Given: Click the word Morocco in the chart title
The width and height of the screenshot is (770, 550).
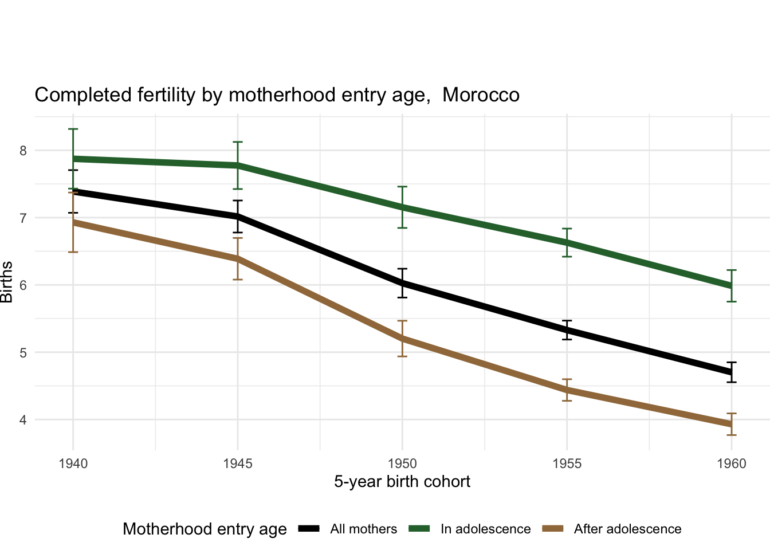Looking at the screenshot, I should pyautogui.click(x=481, y=95).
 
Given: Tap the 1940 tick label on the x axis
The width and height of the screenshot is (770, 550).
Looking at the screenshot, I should pyautogui.click(x=73, y=463).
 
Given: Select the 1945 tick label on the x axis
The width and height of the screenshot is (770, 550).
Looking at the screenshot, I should pyautogui.click(x=238, y=463).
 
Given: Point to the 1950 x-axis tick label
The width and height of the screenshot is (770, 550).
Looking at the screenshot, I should pyautogui.click(x=402, y=463).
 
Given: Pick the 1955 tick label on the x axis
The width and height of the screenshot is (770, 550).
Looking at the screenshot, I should pyautogui.click(x=567, y=463).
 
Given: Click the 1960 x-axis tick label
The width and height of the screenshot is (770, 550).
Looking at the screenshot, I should pyautogui.click(x=732, y=463).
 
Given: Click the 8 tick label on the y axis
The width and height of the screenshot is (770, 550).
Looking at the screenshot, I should pyautogui.click(x=23, y=151).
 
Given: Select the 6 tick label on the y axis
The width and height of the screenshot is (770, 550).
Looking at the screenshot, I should pyautogui.click(x=23, y=285).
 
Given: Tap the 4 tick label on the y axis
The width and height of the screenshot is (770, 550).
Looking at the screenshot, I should pyautogui.click(x=23, y=420).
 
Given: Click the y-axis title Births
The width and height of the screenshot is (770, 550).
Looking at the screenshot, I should pyautogui.click(x=7, y=282).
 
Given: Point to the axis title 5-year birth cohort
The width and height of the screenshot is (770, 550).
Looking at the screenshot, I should pyautogui.click(x=402, y=481).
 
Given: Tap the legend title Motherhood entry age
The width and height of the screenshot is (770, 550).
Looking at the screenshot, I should pyautogui.click(x=205, y=529).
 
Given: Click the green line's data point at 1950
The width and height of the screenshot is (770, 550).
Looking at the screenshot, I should pyautogui.click(x=402, y=207).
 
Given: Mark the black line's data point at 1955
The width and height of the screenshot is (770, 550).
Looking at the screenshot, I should pyautogui.click(x=567, y=330).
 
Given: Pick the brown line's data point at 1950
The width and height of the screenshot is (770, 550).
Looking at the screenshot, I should pyautogui.click(x=402, y=339).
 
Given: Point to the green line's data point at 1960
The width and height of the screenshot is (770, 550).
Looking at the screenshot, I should pyautogui.click(x=732, y=286).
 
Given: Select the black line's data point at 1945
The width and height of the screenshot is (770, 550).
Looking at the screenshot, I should pyautogui.click(x=238, y=217).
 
